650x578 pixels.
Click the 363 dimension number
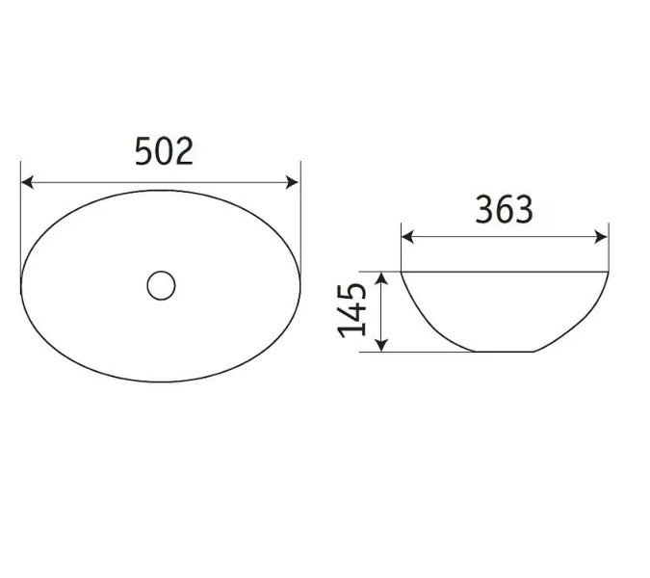pos(503,209)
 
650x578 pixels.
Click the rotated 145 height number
pos(353,310)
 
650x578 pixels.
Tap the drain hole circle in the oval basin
pos(161,284)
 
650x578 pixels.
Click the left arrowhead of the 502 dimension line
pos(26,181)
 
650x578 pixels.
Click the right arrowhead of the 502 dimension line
pos(295,181)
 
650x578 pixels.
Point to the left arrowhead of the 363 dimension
pos(405,236)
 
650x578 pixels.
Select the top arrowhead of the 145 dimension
pos(382,277)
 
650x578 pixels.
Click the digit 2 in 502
pos(183,150)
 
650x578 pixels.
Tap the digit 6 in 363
pos(503,209)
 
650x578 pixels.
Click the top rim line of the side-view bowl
pos(505,272)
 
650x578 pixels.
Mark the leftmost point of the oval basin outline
pos(21,284)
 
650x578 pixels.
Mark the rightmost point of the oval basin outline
pos(301,284)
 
